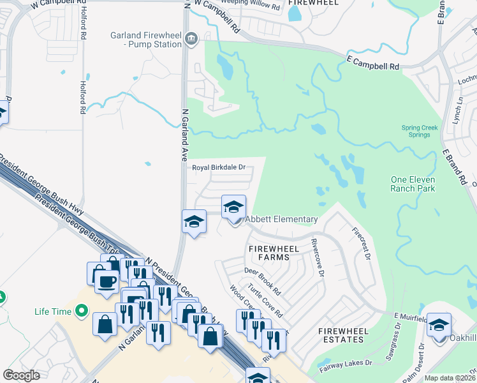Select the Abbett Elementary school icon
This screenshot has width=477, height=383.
click(234, 207)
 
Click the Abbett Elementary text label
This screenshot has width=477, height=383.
click(281, 220)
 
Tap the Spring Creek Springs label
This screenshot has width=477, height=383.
click(420, 131)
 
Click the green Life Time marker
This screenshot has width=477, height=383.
click(81, 311)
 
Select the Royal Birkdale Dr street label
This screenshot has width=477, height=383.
click(219, 168)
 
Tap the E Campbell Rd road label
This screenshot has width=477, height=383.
click(372, 66)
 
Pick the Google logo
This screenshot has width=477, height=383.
click(21, 375)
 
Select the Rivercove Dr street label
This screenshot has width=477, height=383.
click(318, 258)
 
